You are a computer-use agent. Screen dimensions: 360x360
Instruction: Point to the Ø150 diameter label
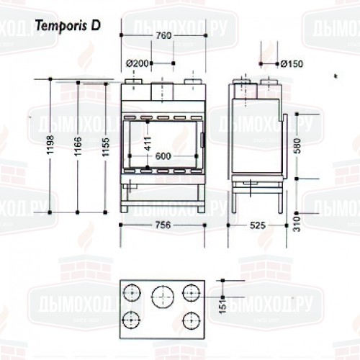point(292,63)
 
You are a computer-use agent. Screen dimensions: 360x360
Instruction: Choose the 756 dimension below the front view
point(163,225)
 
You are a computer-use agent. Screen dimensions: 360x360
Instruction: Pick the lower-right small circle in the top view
point(190,319)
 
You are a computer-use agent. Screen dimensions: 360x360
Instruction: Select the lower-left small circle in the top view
point(132,319)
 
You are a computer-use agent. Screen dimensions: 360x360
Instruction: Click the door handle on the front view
point(202,139)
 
